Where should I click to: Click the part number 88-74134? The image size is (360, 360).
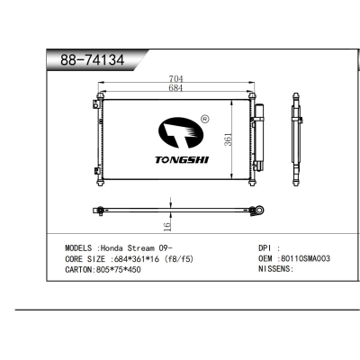(92, 60)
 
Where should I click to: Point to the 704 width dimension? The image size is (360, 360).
(175, 79)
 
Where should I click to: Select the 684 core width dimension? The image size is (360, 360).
(175, 88)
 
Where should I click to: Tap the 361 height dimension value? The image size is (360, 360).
(229, 139)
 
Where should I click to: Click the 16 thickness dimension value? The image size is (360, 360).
(167, 225)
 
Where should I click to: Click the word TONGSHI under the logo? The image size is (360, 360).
(182, 160)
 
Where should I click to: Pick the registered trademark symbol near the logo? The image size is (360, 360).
(204, 119)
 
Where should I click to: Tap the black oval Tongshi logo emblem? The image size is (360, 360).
(181, 133)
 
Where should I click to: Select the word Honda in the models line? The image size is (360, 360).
(112, 248)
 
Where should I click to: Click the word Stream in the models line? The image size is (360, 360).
(141, 248)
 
